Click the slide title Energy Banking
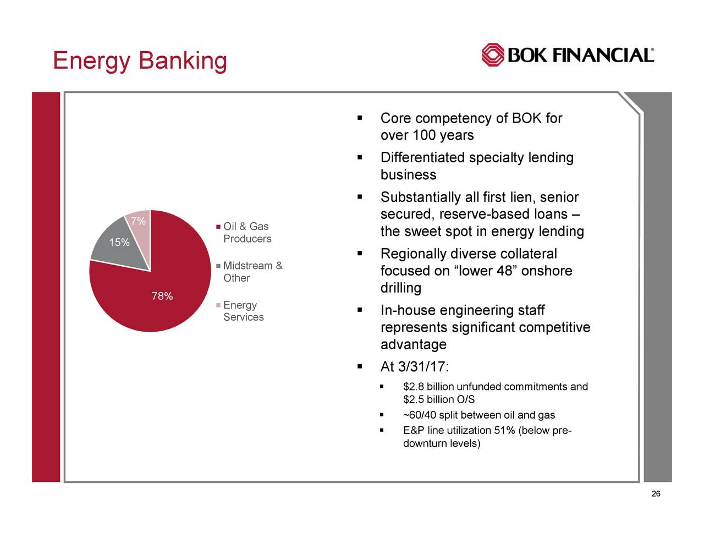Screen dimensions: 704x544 (140, 61)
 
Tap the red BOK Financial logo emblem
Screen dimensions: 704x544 (493, 55)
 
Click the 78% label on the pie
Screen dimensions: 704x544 (162, 297)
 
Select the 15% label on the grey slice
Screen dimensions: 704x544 (119, 243)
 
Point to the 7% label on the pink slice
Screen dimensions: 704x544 (138, 222)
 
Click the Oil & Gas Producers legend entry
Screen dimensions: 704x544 (246, 233)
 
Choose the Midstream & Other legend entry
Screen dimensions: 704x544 (252, 272)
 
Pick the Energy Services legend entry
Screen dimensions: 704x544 (243, 311)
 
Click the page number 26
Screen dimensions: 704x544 (655, 494)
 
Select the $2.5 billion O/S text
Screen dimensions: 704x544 (438, 399)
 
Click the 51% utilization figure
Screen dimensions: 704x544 (504, 431)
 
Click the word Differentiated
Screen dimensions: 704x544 (422, 158)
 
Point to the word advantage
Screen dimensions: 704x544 (413, 345)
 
